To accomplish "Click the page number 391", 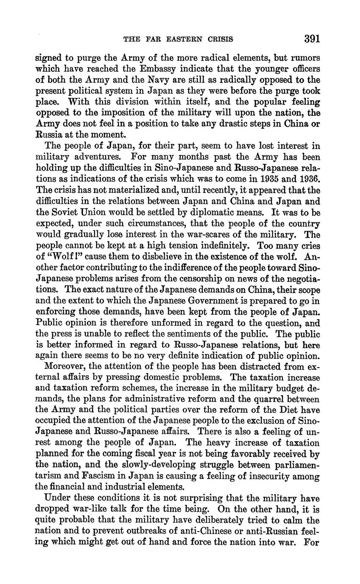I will [x=312, y=39].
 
